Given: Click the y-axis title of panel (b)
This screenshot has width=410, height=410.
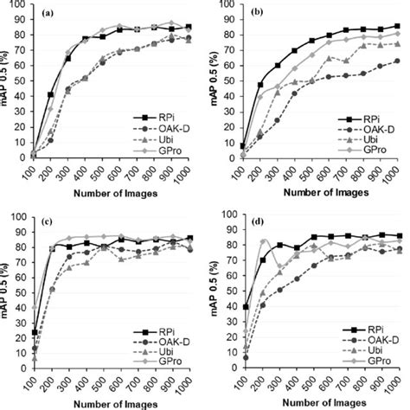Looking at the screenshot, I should (219, 82).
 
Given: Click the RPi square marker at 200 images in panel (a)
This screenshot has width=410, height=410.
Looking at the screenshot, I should (50, 94).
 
